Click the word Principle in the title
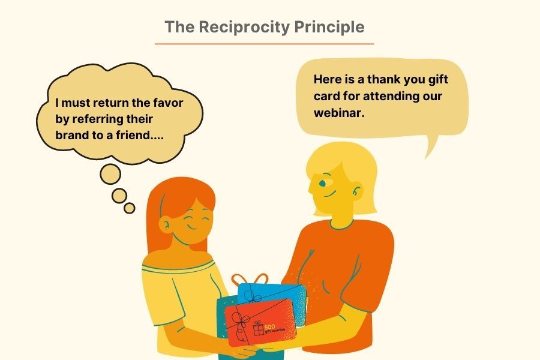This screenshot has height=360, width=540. pyautogui.click(x=329, y=27)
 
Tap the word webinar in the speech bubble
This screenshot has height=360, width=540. pyautogui.click(x=339, y=113)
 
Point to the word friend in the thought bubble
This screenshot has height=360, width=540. pyautogui.click(x=133, y=135)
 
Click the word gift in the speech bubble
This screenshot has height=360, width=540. pyautogui.click(x=438, y=80)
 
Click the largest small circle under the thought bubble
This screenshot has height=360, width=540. pyautogui.click(x=110, y=174)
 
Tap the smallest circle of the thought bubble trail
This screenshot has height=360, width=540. pyautogui.click(x=130, y=208)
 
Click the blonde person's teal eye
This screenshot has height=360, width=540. pyautogui.click(x=322, y=183)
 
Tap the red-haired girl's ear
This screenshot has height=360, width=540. pyautogui.click(x=166, y=224)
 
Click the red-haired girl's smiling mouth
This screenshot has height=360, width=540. pyautogui.click(x=192, y=227)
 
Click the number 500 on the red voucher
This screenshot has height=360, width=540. pyautogui.click(x=269, y=326)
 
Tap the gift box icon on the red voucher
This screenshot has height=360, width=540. pyautogui.click(x=258, y=328)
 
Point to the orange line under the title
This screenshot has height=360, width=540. pyautogui.click(x=264, y=44)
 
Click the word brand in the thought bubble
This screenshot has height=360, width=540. pyautogui.click(x=71, y=135)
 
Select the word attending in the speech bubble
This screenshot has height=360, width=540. pyautogui.click(x=391, y=97)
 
